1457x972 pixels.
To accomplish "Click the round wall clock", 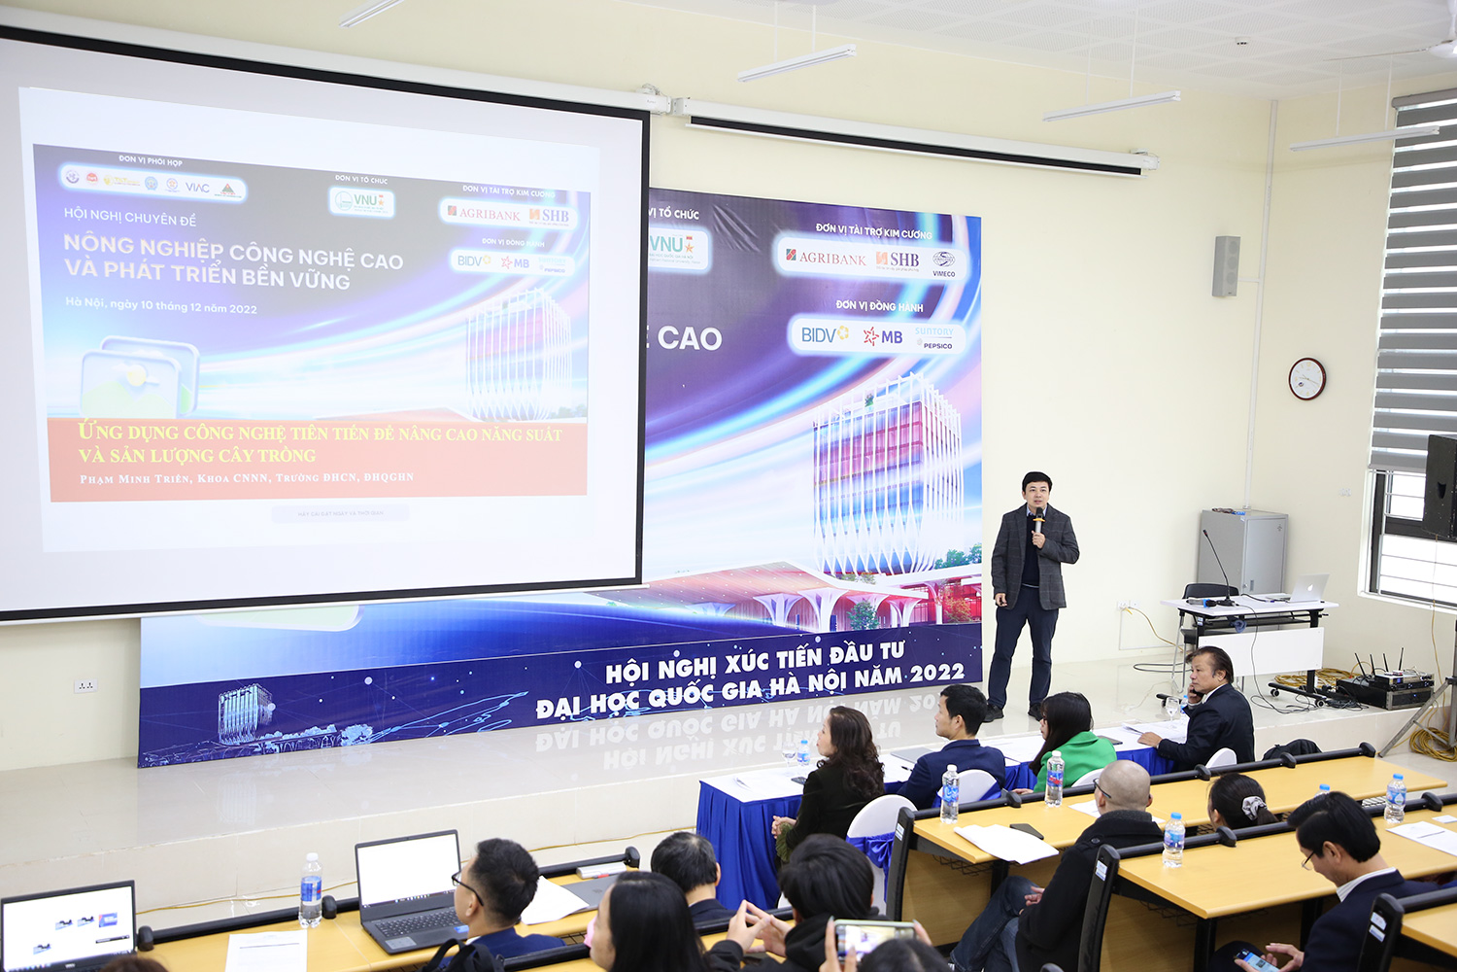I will [1306, 378].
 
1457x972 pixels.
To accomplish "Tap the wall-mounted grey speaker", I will [1226, 265].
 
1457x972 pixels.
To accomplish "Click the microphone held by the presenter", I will [1038, 519].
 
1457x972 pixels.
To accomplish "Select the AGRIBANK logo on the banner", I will [827, 258].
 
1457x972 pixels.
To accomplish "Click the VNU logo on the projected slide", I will [361, 201].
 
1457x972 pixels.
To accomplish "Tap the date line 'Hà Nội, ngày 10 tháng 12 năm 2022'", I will [161, 305].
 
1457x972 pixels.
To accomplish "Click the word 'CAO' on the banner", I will [689, 338].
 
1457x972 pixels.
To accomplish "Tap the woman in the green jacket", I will [1074, 744].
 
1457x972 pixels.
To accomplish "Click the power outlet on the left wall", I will [85, 685].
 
